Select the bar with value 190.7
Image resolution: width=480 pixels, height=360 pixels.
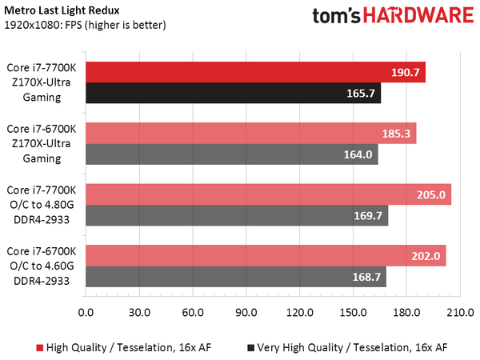pos(254,72)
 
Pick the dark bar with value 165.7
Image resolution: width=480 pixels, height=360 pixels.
pos(233,94)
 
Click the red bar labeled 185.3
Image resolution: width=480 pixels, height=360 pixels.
pos(250,133)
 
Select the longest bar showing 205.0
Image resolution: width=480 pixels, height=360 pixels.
pos(267,194)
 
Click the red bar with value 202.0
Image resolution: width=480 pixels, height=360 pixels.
pos(265,255)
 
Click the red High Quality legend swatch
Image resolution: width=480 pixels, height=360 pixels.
pos(39,347)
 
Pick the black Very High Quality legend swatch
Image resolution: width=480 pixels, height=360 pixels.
pos(252,347)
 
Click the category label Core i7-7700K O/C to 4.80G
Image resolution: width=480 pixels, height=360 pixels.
pos(42,204)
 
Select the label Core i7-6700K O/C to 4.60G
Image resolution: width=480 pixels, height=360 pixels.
pos(42,266)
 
